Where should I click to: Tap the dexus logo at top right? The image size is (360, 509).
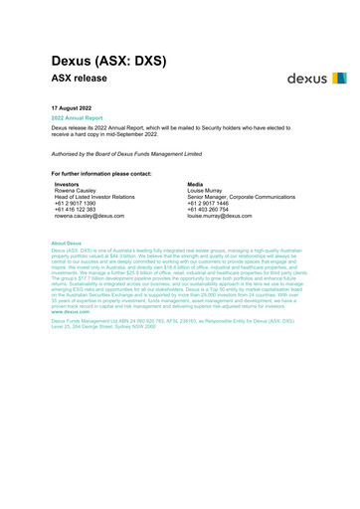[316, 77]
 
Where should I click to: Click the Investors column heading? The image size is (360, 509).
[69, 185]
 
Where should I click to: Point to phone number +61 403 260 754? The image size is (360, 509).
[208, 209]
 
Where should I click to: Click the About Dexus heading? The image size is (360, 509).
[73, 243]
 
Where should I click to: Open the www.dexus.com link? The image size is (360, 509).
[73, 312]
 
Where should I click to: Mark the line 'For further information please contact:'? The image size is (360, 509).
[108, 174]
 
